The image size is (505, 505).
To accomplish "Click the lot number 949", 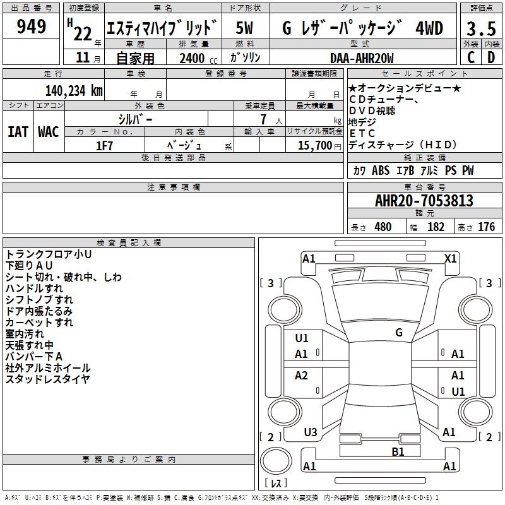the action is (x=32, y=27).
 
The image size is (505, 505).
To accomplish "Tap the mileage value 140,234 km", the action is (x=74, y=90).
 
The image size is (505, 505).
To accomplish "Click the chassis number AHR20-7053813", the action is (x=424, y=201).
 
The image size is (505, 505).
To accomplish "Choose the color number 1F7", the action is (x=104, y=145).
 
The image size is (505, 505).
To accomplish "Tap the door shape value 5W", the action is (x=244, y=28).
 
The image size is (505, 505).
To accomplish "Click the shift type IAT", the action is (x=18, y=132).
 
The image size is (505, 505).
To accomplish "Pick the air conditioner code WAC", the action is (x=48, y=132).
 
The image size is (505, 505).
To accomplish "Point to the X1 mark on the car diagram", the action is (x=451, y=258).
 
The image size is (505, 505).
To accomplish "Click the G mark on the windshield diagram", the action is (x=398, y=333).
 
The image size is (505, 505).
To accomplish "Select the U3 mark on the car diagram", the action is (x=310, y=432).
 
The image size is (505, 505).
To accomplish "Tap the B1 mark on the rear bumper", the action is (x=398, y=451).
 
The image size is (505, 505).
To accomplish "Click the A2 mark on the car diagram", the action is (x=302, y=376).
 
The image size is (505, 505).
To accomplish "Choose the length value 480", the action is (x=383, y=227).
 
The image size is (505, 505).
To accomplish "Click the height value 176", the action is (x=486, y=227).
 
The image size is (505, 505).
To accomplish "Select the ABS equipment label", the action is (x=381, y=170).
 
